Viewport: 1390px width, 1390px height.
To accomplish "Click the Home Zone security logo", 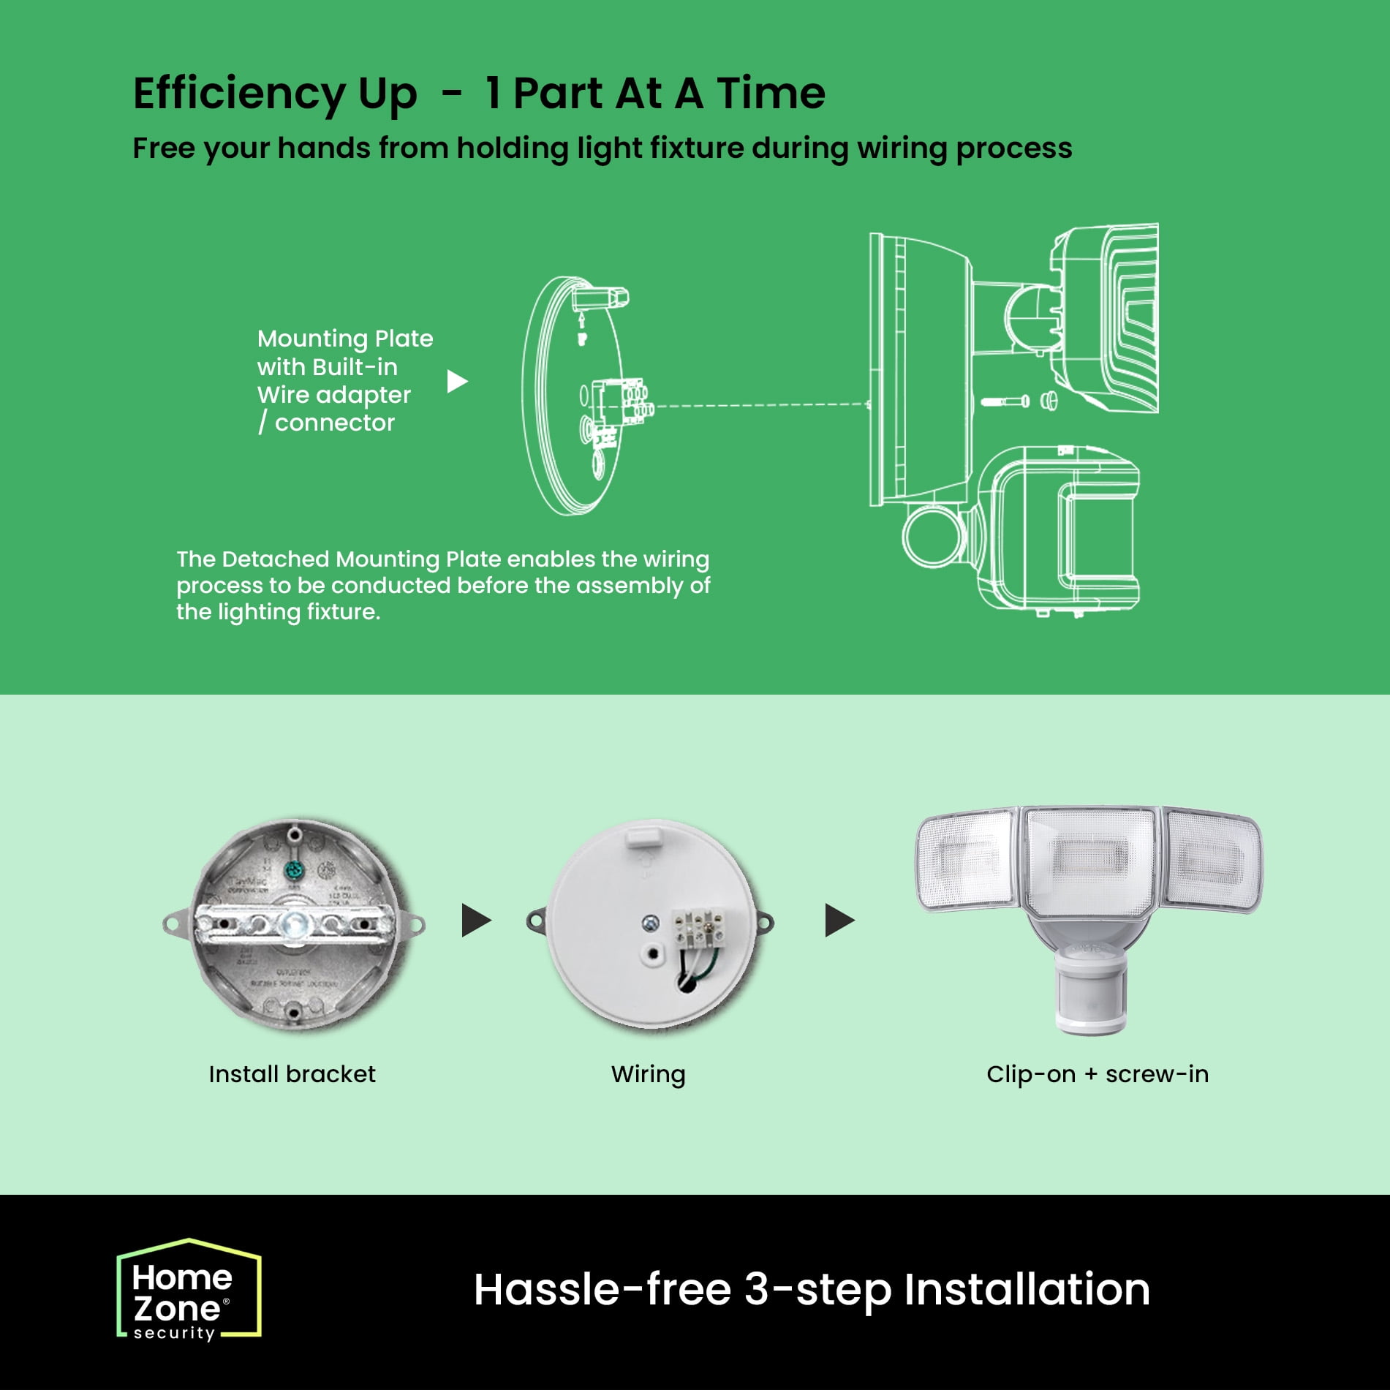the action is tap(189, 1290).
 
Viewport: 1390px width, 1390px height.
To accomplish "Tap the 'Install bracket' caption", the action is tap(292, 1074).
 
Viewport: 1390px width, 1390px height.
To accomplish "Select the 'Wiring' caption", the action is tap(649, 1075).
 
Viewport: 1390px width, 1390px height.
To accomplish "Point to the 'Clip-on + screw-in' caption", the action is tap(1097, 1074).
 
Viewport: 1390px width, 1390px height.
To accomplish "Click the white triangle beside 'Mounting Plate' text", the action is tap(457, 381).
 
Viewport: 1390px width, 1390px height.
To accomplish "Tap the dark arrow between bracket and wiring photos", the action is tap(476, 920).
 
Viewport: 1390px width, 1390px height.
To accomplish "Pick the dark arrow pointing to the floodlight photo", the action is tap(839, 920).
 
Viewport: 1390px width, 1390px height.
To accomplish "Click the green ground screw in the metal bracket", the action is tap(293, 871).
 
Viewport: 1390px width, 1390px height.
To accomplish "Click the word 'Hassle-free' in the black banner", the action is tap(602, 1289).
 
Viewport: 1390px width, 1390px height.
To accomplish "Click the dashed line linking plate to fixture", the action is tap(761, 404).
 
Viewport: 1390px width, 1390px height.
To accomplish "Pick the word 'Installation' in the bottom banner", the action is tap(1027, 1289).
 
